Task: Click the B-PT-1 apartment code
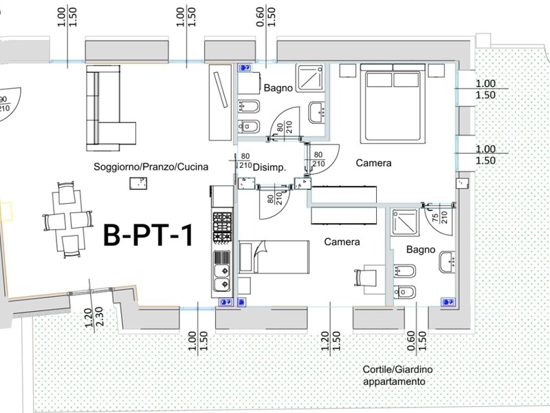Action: pyautogui.click(x=147, y=235)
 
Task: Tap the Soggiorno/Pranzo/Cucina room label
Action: pyautogui.click(x=151, y=167)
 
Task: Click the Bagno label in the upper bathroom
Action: pyautogui.click(x=278, y=88)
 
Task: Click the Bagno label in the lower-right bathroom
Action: pyautogui.click(x=420, y=249)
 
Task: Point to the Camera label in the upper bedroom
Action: pyautogui.click(x=373, y=163)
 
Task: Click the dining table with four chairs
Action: pyautogui.click(x=67, y=220)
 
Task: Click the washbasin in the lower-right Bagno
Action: pyautogui.click(x=448, y=261)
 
